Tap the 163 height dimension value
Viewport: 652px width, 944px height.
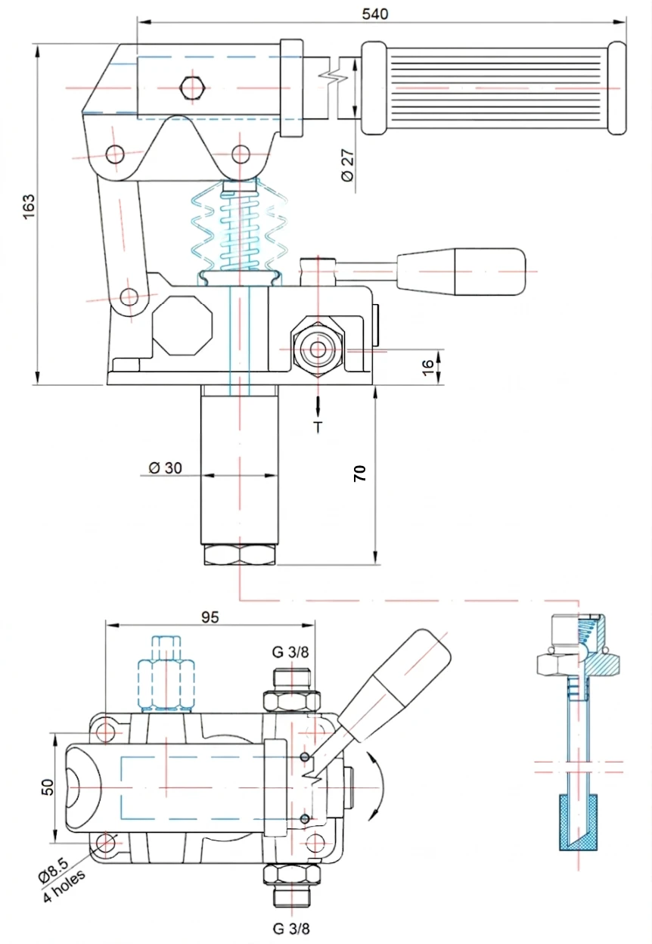pos(29,206)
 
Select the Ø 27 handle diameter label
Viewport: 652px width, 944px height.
pos(347,164)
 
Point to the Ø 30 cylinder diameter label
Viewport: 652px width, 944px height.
pos(165,467)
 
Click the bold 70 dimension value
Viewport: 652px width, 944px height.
pos(360,474)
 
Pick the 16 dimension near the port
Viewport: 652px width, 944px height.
pos(428,365)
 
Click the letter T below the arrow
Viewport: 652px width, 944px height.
pos(318,428)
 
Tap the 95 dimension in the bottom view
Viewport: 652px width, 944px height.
pos(210,617)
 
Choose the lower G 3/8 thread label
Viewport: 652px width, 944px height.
pos(291,928)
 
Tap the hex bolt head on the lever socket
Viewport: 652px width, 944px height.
pos(193,88)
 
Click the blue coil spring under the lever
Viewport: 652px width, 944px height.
pos(239,231)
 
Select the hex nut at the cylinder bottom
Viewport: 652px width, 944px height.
pos(239,556)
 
